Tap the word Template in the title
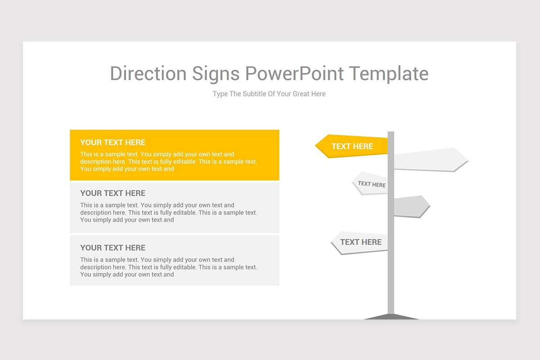click(389, 74)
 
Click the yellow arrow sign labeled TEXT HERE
click(352, 146)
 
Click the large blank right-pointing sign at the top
click(430, 160)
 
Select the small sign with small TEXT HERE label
click(371, 184)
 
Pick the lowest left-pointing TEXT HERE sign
click(360, 243)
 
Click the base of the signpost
click(391, 317)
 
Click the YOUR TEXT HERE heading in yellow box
click(112, 143)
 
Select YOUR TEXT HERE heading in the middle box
click(112, 193)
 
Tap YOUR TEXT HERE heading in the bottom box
click(112, 248)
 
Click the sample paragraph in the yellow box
click(168, 162)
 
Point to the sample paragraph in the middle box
click(168, 212)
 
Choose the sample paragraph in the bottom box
click(168, 267)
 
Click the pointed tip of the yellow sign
click(316, 146)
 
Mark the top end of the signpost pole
click(391, 133)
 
